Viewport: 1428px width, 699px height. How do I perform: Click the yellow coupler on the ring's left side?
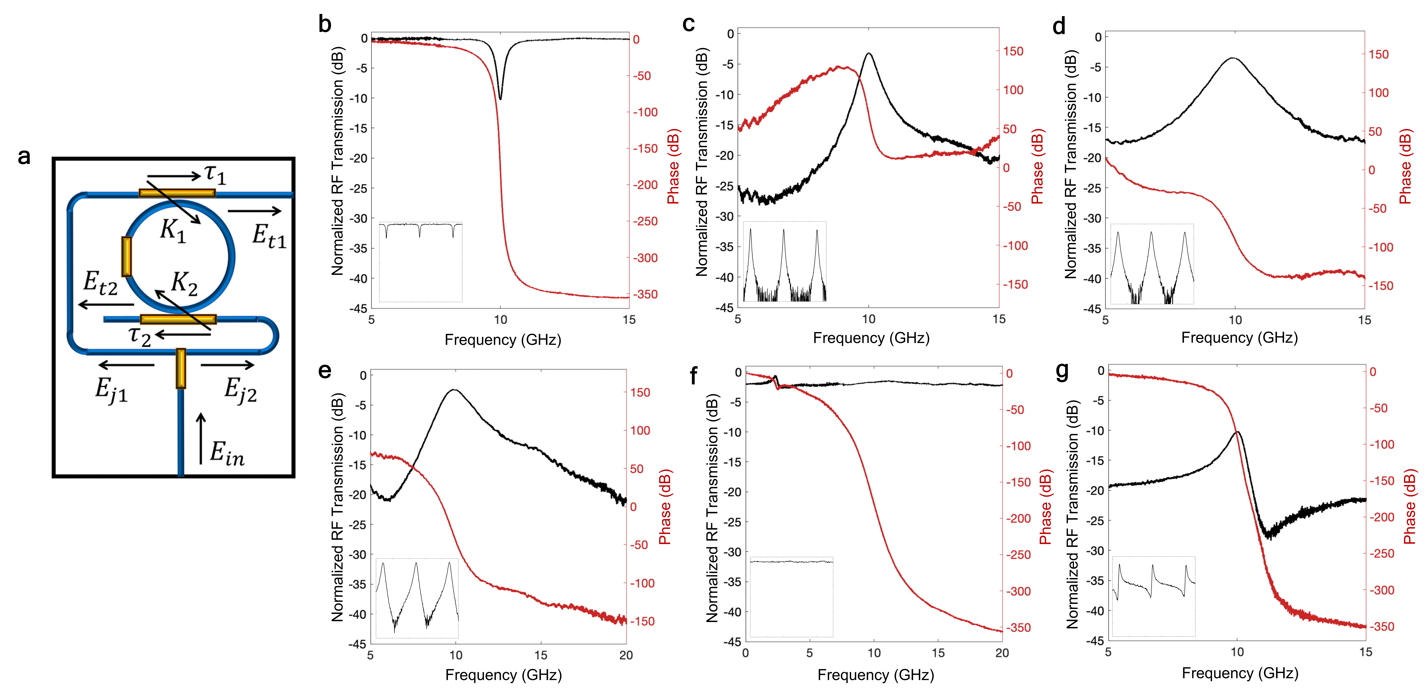[126, 256]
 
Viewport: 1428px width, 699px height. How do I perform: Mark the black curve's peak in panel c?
[869, 54]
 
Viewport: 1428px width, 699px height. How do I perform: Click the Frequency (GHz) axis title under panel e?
[503, 675]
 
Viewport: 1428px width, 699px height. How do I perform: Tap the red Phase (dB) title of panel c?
[1037, 166]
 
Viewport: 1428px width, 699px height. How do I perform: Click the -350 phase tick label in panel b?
[646, 294]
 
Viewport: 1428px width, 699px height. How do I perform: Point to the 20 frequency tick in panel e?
[626, 655]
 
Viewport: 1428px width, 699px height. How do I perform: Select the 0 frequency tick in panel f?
[746, 653]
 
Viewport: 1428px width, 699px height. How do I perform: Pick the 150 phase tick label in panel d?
[1379, 54]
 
